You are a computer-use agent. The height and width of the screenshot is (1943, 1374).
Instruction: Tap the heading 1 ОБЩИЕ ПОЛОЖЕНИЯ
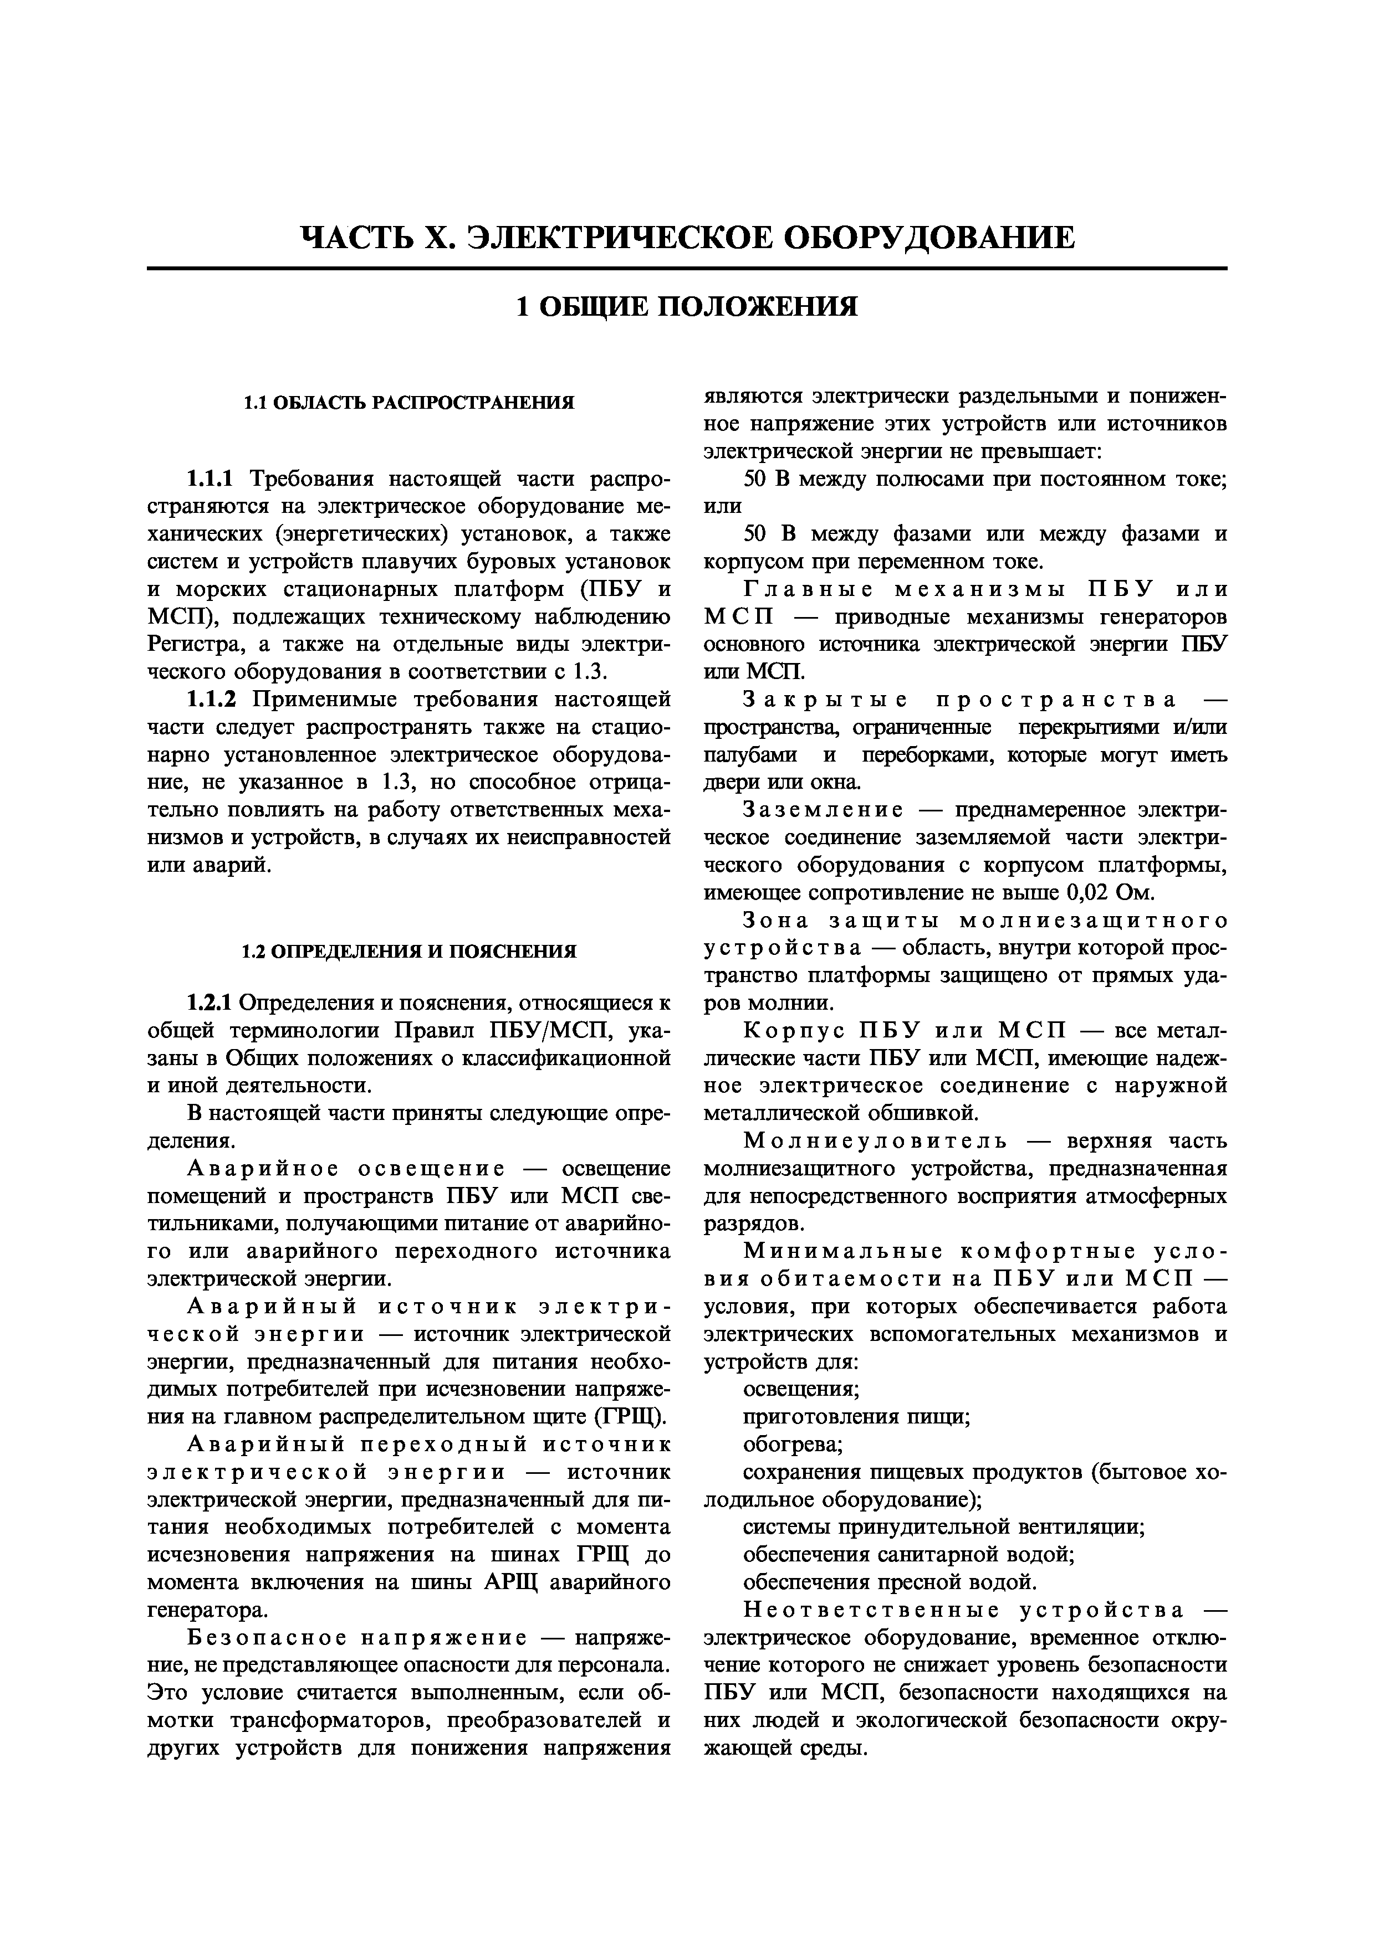687,306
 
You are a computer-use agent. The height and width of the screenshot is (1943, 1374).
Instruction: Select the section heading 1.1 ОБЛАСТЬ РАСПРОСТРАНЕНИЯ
409,403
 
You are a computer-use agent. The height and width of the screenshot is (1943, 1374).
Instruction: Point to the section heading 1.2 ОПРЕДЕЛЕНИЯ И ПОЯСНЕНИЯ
409,951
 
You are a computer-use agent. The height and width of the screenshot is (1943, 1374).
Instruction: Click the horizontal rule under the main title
687,269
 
